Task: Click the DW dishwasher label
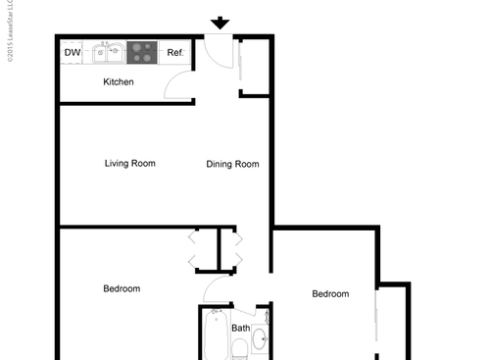click(x=72, y=52)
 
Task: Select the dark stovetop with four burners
click(x=143, y=51)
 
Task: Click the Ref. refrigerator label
click(x=175, y=52)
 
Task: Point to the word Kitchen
click(x=119, y=81)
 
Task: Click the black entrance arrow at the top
click(x=220, y=23)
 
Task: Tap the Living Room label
click(x=130, y=163)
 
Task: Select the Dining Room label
click(x=232, y=164)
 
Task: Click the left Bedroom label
click(x=122, y=288)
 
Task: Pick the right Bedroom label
click(x=330, y=293)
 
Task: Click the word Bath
click(x=240, y=329)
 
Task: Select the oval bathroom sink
click(x=259, y=341)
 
